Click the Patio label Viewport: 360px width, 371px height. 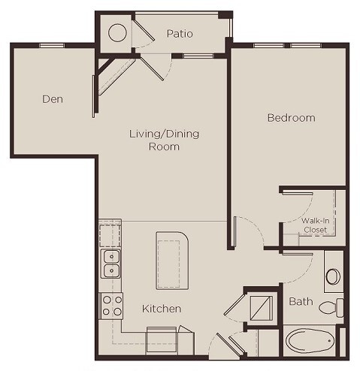point(180,34)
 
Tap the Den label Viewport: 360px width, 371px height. point(51,98)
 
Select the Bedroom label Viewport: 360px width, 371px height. point(291,118)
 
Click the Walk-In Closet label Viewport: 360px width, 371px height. point(314,225)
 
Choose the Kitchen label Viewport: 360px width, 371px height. point(162,309)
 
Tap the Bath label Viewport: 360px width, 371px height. point(301,302)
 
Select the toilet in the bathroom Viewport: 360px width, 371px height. point(329,306)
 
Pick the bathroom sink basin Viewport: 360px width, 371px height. point(333,276)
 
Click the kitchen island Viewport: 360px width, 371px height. point(174,260)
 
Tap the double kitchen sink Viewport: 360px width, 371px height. point(111,264)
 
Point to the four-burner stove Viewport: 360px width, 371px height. point(112,304)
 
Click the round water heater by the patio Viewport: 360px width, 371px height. point(117,33)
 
